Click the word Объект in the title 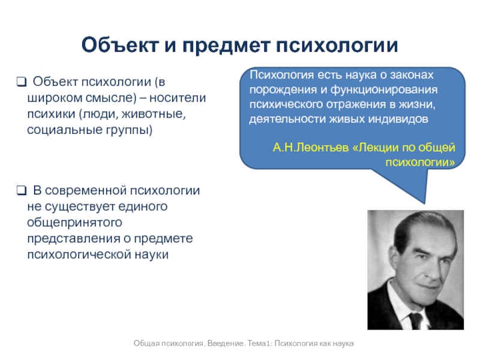[119, 46]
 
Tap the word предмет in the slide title [226, 46]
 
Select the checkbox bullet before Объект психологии [22, 82]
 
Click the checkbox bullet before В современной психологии [22, 191]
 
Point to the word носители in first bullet [178, 98]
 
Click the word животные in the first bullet [154, 114]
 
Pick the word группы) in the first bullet [129, 130]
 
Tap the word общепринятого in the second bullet [74, 223]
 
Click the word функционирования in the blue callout [384, 90]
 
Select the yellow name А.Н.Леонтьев [311, 148]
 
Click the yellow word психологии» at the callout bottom [421, 162]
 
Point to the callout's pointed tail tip [425, 203]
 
